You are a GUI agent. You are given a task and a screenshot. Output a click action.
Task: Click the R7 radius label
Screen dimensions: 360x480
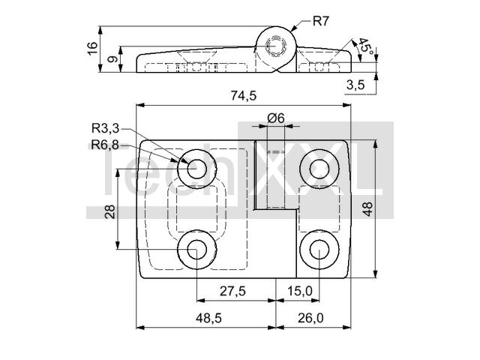(x=321, y=20)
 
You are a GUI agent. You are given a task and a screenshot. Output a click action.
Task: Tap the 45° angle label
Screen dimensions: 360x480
(x=363, y=46)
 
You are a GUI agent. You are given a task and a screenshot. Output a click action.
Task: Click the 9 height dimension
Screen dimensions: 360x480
(x=112, y=60)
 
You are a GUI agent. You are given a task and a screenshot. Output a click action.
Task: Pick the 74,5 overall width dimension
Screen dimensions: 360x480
(x=243, y=95)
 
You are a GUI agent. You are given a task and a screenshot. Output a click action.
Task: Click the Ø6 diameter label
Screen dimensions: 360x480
(x=275, y=118)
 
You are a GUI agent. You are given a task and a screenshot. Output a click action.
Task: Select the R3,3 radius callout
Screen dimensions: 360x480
(x=106, y=128)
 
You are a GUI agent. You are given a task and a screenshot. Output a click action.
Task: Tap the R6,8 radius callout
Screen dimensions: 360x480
(x=106, y=144)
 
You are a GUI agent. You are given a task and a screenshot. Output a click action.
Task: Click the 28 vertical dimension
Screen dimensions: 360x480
(x=110, y=211)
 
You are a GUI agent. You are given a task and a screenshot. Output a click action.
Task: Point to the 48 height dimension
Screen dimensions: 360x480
(x=367, y=209)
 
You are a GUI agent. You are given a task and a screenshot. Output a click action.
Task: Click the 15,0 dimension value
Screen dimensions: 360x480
(x=298, y=291)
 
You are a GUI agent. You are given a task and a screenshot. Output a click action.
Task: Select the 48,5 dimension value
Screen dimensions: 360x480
(x=208, y=318)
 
